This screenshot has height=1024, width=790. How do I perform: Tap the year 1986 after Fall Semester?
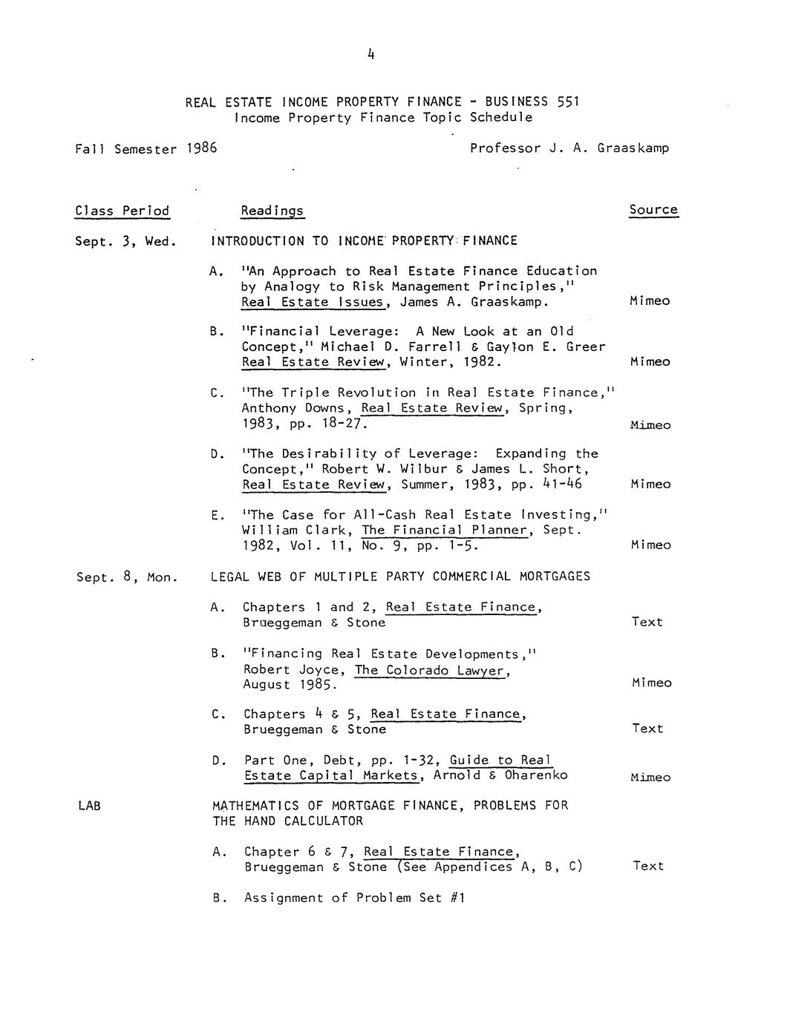click(x=201, y=148)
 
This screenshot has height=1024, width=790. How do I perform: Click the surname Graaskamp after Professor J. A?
click(x=633, y=148)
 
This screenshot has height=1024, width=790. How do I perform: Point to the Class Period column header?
click(x=123, y=211)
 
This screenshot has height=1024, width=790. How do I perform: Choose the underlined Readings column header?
click(x=272, y=211)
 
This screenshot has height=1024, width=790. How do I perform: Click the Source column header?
click(x=653, y=210)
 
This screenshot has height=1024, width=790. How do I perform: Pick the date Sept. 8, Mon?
click(x=127, y=577)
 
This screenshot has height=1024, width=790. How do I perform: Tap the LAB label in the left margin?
click(x=88, y=805)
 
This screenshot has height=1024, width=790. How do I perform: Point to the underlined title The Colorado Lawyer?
click(x=431, y=670)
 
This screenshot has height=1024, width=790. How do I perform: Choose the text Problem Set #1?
click(x=411, y=898)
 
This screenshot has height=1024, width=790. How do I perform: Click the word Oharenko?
click(x=536, y=775)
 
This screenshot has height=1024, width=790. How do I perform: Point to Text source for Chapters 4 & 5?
click(x=647, y=729)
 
